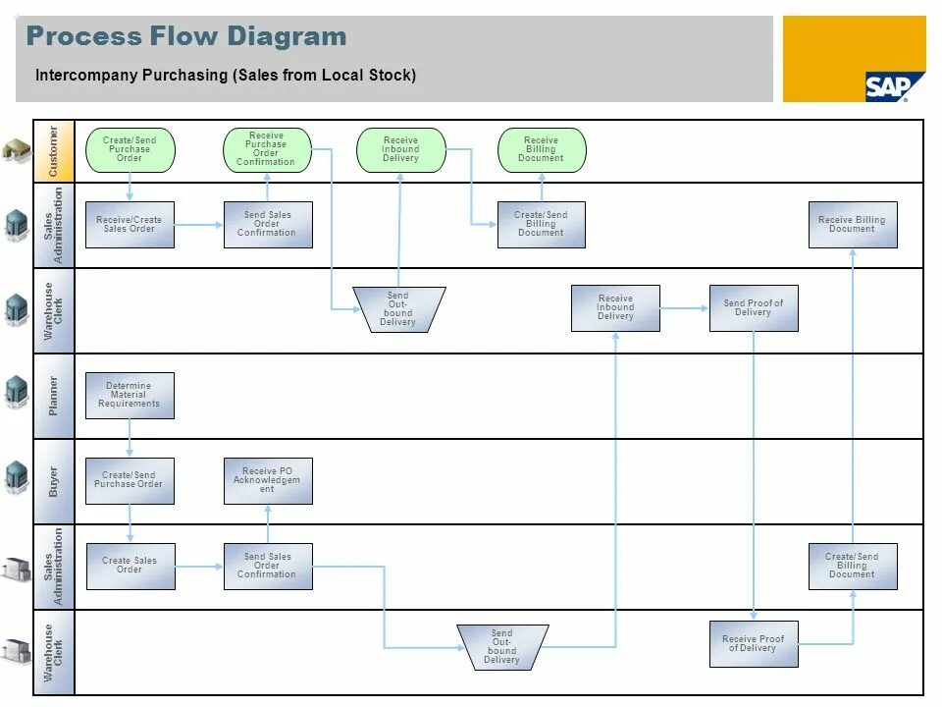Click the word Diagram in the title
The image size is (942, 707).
(x=287, y=37)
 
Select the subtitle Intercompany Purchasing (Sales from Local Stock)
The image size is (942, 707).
(x=226, y=76)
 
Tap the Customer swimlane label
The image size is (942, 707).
(x=54, y=150)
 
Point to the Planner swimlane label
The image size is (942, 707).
(x=54, y=395)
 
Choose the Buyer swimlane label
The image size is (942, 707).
(x=54, y=480)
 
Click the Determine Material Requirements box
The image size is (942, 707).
(x=130, y=396)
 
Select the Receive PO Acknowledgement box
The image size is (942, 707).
(x=268, y=480)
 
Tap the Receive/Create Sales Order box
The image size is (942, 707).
(x=130, y=224)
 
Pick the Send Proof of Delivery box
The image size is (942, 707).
(x=754, y=308)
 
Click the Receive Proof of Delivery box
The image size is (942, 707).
(x=754, y=644)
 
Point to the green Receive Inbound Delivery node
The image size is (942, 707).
(x=400, y=149)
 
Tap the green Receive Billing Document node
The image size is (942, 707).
(x=541, y=149)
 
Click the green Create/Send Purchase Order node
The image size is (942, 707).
(x=130, y=149)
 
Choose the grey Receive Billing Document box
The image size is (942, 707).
(x=852, y=225)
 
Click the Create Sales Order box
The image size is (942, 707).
(x=131, y=566)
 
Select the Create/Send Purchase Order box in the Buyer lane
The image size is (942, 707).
(x=130, y=480)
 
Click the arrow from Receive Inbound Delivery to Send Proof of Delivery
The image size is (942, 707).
(x=684, y=308)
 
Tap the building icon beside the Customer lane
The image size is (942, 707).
(x=16, y=150)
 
